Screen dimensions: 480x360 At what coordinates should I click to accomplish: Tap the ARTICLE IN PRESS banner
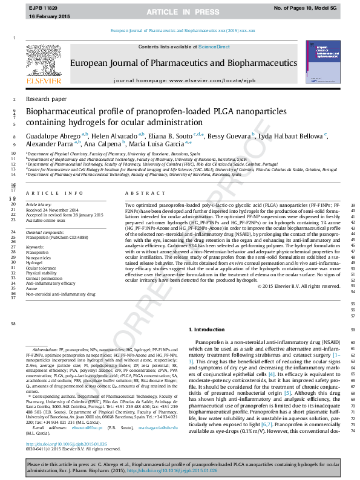tap(180, 11)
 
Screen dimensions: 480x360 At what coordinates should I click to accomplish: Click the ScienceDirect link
tap(214, 47)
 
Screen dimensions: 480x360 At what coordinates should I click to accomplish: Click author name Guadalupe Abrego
tap(54, 137)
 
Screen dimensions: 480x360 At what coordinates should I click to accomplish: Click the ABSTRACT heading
tap(141, 193)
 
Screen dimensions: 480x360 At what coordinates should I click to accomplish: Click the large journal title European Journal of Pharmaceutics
tap(188, 62)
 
